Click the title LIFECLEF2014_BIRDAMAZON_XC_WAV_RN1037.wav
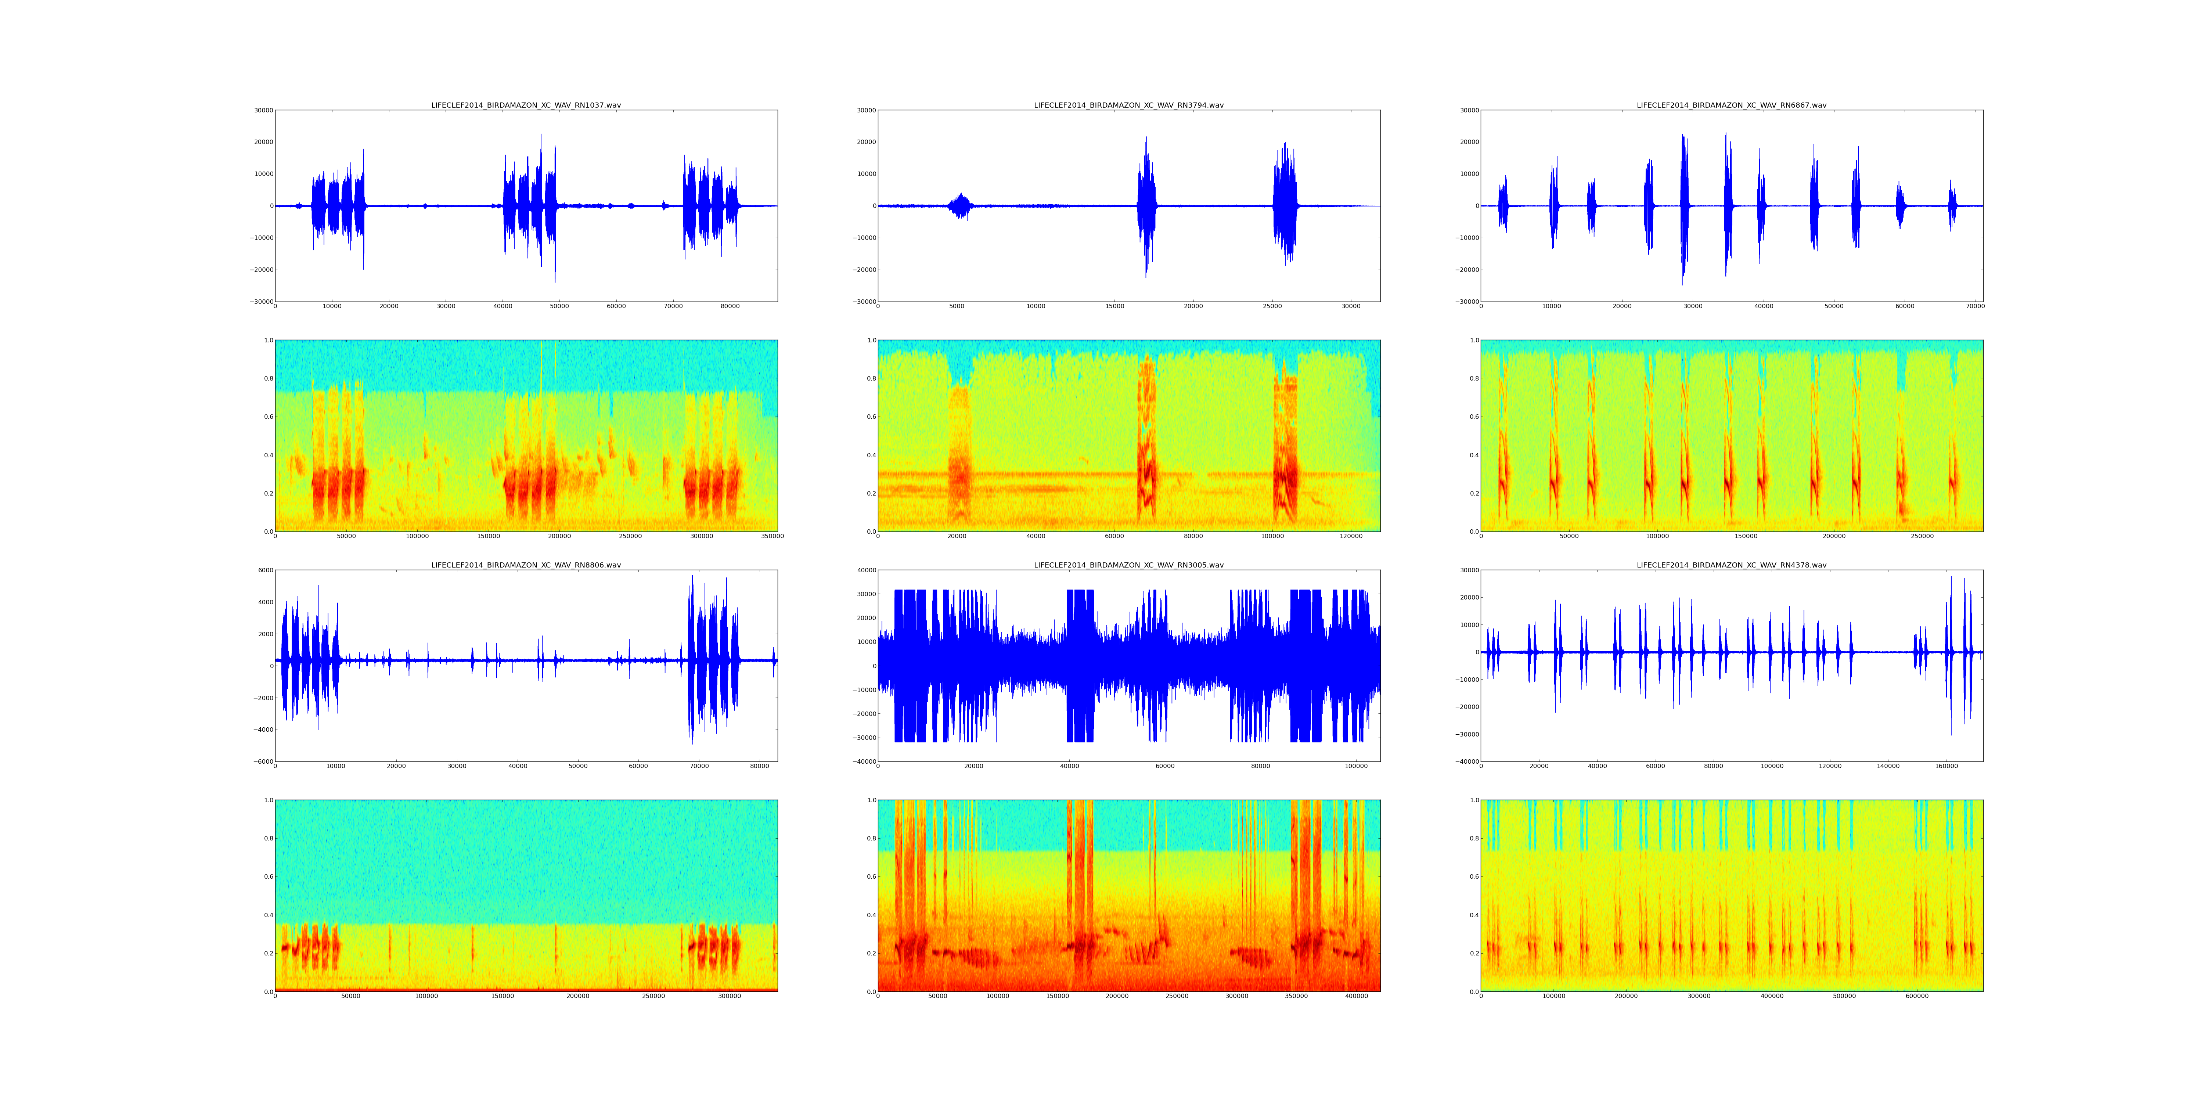coord(525,105)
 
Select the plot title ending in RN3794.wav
coord(1128,105)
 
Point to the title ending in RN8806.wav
coord(525,566)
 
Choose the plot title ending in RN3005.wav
coord(1128,566)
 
